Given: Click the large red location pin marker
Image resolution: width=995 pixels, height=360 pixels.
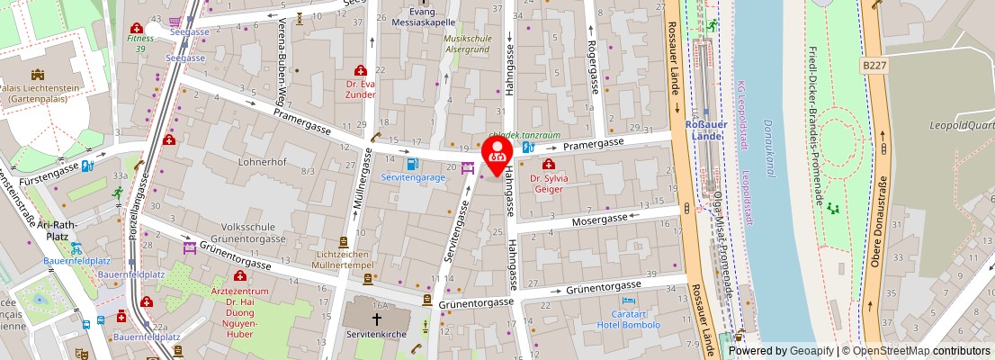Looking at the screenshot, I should [x=497, y=153].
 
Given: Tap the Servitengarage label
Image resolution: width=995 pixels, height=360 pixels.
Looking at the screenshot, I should [x=413, y=178].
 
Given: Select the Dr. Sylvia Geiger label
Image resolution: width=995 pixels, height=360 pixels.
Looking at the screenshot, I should [x=548, y=184].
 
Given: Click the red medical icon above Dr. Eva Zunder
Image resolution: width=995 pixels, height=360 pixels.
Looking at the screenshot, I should [x=361, y=70].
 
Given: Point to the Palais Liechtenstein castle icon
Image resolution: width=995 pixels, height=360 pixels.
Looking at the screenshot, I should [x=38, y=75].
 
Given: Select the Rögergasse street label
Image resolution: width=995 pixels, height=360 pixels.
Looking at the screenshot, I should [x=593, y=67].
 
